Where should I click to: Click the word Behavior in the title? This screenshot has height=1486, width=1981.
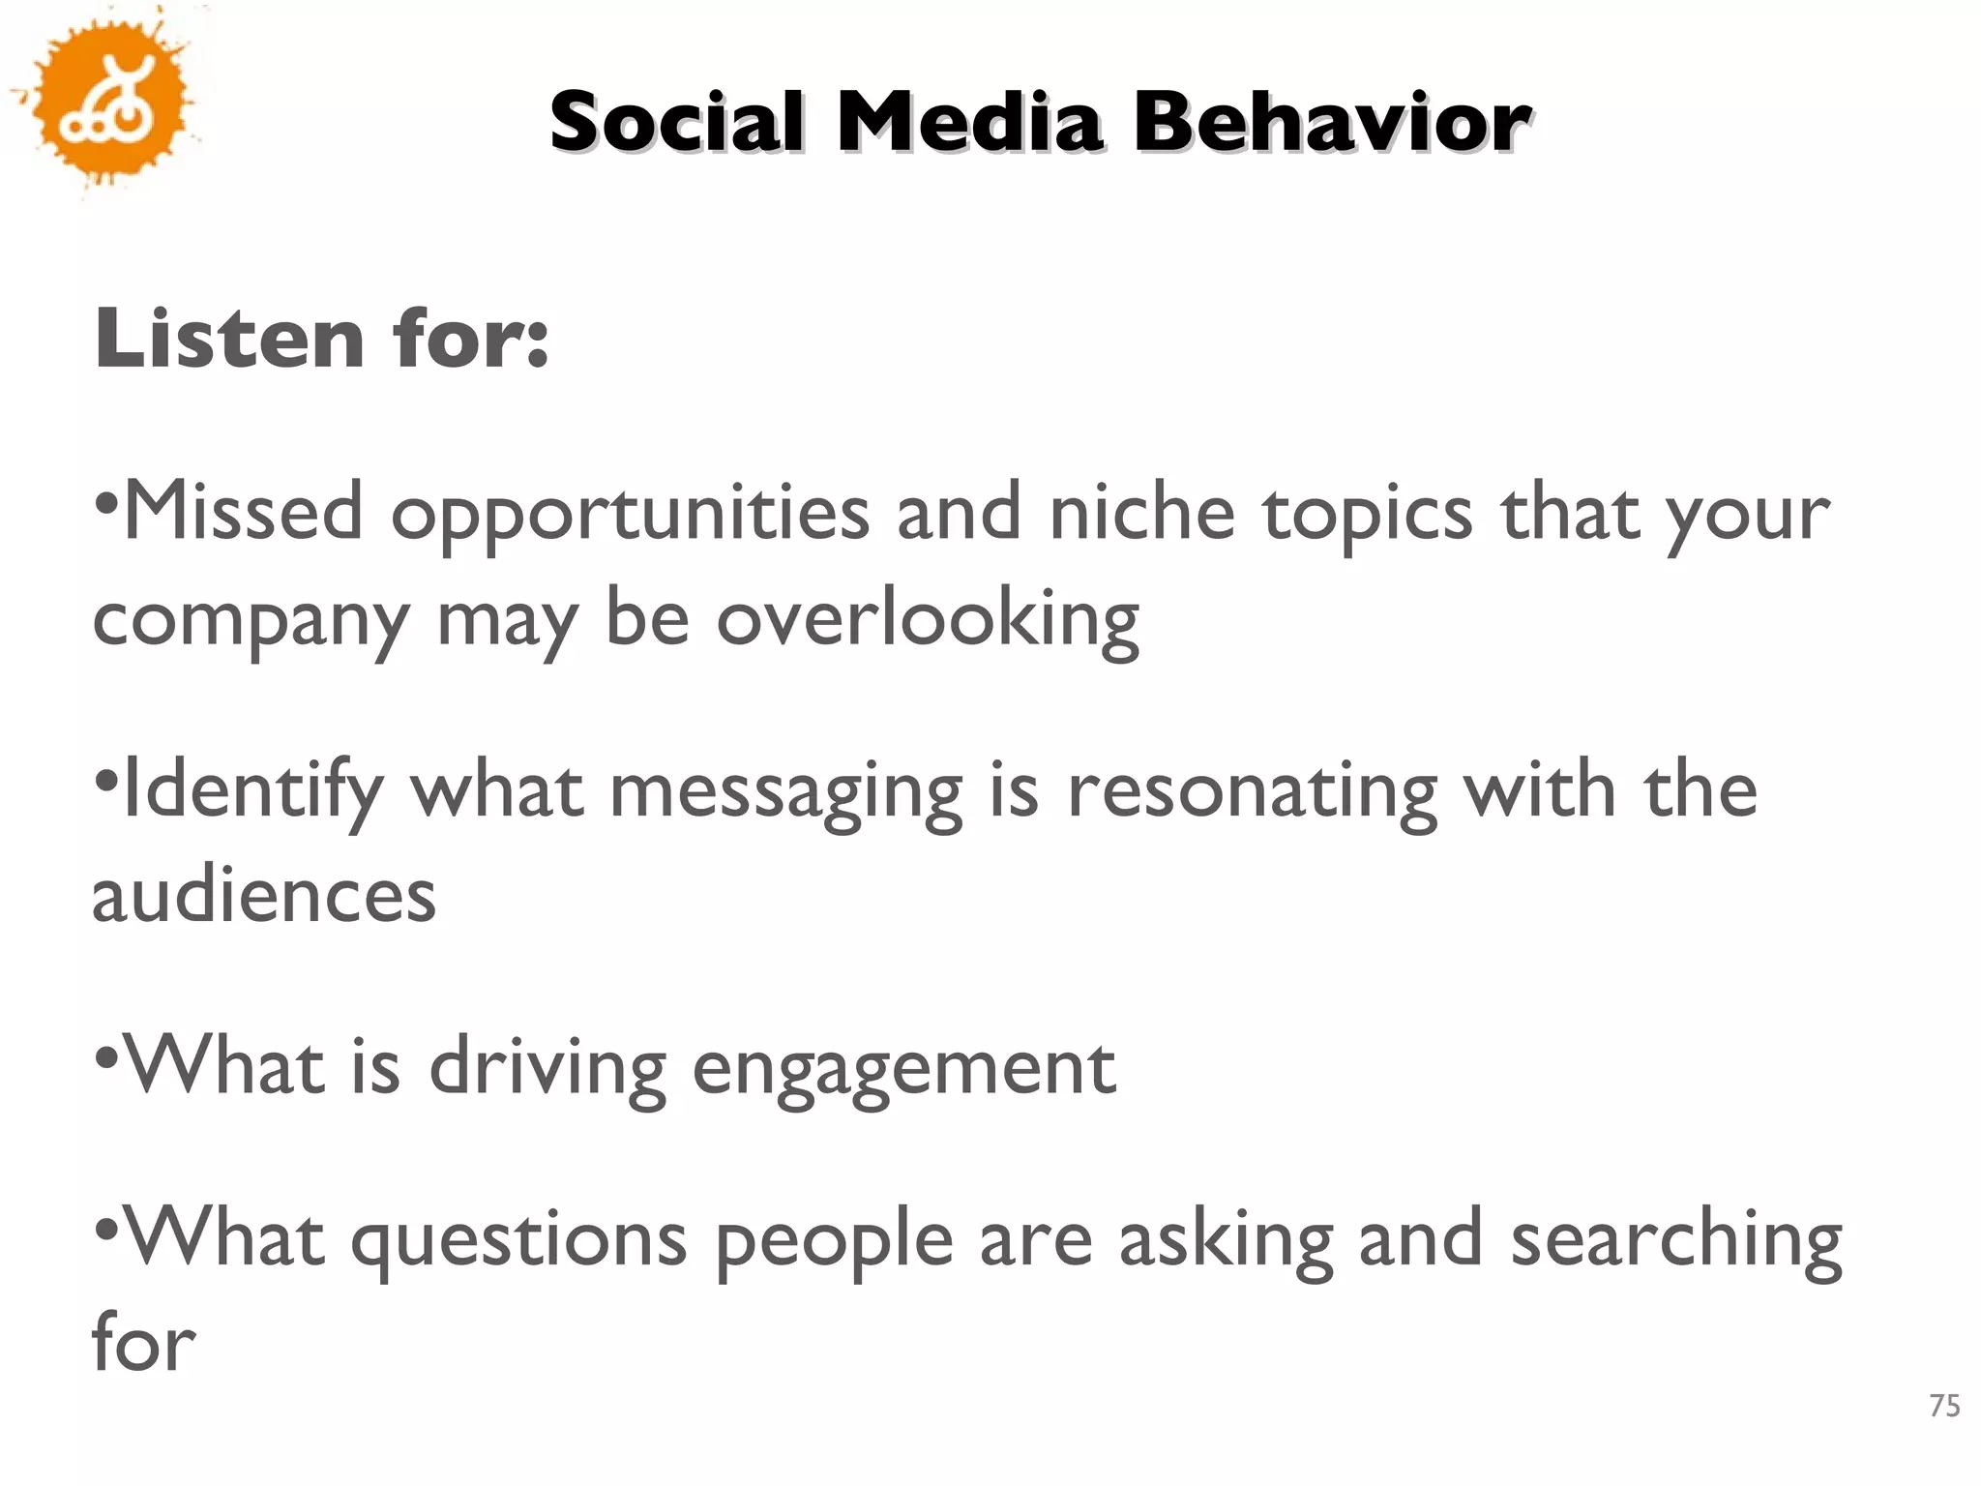(x=1332, y=123)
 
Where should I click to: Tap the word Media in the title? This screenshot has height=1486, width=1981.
(x=969, y=123)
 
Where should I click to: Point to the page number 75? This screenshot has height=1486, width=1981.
(x=1944, y=1405)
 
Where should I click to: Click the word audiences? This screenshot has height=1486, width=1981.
(x=264, y=895)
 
